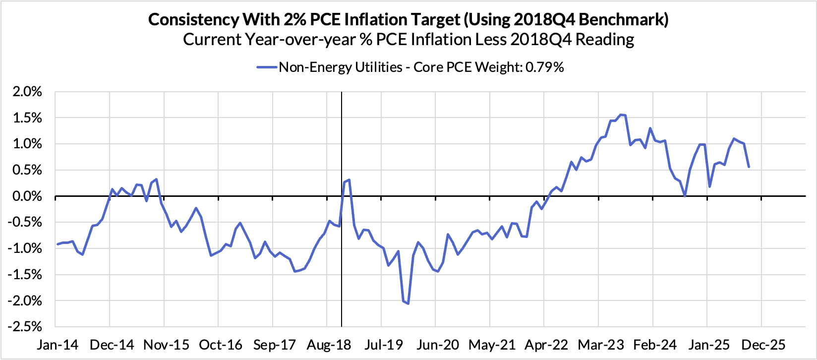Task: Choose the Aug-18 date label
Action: pyautogui.click(x=327, y=344)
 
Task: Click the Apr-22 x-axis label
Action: pyautogui.click(x=544, y=344)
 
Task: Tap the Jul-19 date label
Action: pyautogui.click(x=381, y=344)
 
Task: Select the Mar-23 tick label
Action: pyautogui.click(x=598, y=344)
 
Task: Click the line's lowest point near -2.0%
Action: pyautogui.click(x=408, y=303)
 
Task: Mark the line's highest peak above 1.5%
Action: pyautogui.click(x=621, y=115)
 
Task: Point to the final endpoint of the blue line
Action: pyautogui.click(x=748, y=167)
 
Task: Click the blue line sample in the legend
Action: pyautogui.click(x=266, y=67)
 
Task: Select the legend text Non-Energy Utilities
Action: pyautogui.click(x=341, y=67)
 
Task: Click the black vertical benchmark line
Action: pyautogui.click(x=342, y=149)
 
